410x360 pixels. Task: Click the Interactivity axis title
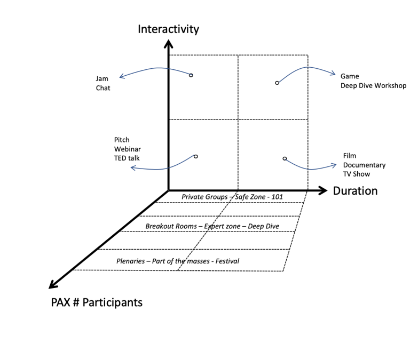click(168, 29)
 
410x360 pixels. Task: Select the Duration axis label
click(355, 191)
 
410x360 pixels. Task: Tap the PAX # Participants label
click(96, 302)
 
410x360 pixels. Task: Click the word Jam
click(102, 79)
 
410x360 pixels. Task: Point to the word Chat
click(103, 88)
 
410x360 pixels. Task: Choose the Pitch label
click(122, 140)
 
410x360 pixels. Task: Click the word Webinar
click(127, 149)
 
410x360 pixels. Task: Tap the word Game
click(350, 76)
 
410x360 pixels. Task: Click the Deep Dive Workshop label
click(373, 85)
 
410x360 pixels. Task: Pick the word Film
click(349, 156)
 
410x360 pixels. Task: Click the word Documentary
click(364, 165)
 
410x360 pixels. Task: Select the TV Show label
click(356, 174)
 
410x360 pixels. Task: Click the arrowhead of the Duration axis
click(322, 190)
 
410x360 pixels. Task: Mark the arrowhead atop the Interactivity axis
click(169, 45)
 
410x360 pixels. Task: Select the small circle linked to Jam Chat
click(191, 75)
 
